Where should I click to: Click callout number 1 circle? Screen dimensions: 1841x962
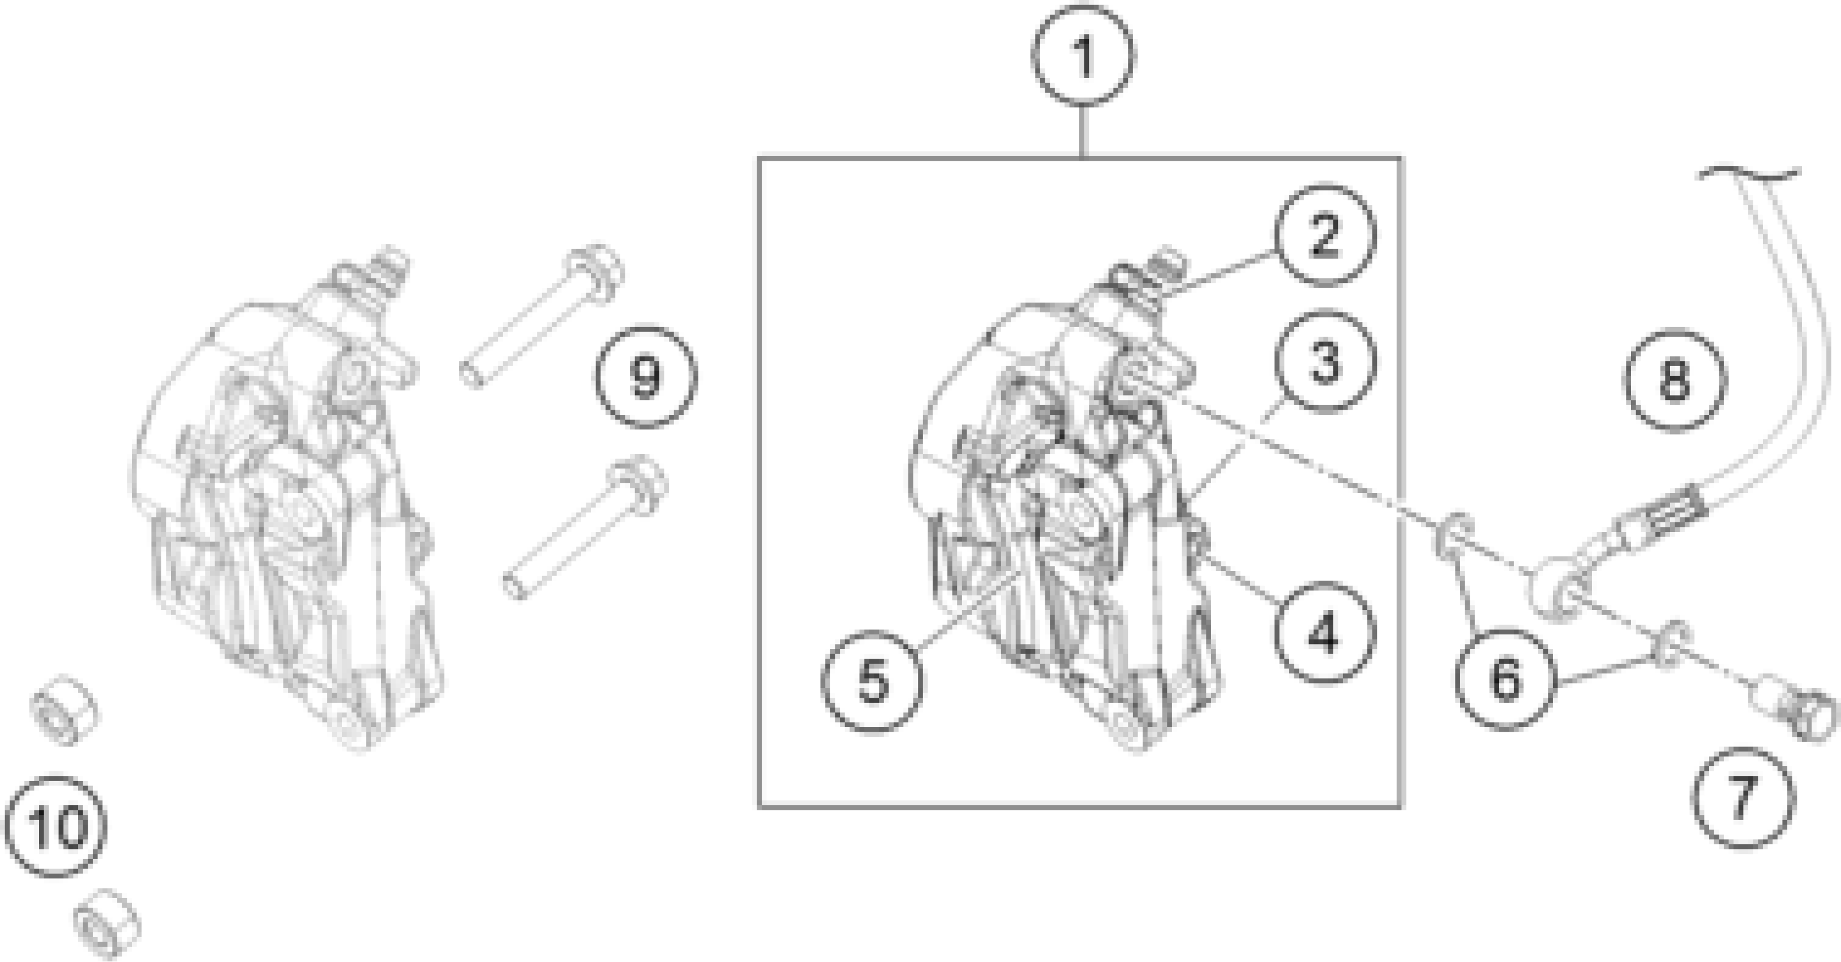1083,57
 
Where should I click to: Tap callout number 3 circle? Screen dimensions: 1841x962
1324,362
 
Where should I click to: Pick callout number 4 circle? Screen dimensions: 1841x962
1324,633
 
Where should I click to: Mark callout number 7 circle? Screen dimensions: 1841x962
1744,798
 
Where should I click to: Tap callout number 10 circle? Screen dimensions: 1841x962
55,826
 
